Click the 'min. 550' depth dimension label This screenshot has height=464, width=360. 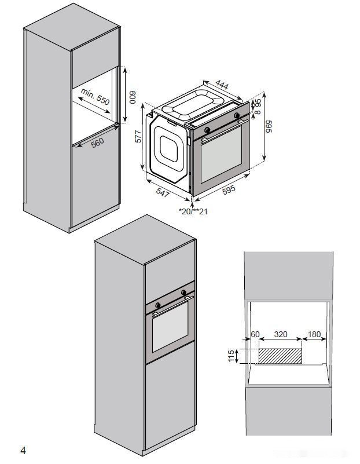point(95,96)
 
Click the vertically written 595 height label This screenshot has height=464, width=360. point(268,127)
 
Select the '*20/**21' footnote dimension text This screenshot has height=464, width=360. point(193,211)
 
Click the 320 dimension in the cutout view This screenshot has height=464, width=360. point(281,334)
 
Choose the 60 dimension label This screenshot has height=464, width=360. point(255,334)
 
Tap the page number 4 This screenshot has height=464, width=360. point(23,450)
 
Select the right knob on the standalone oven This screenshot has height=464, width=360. point(237,117)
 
